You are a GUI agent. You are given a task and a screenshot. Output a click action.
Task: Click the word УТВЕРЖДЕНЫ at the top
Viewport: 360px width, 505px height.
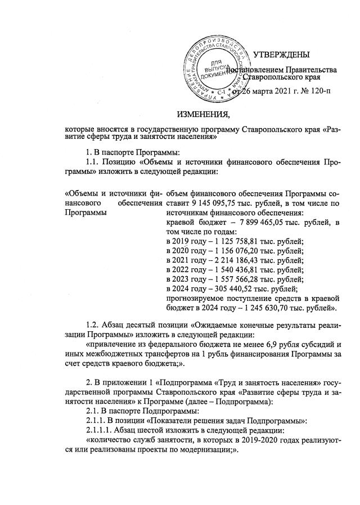(282, 55)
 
